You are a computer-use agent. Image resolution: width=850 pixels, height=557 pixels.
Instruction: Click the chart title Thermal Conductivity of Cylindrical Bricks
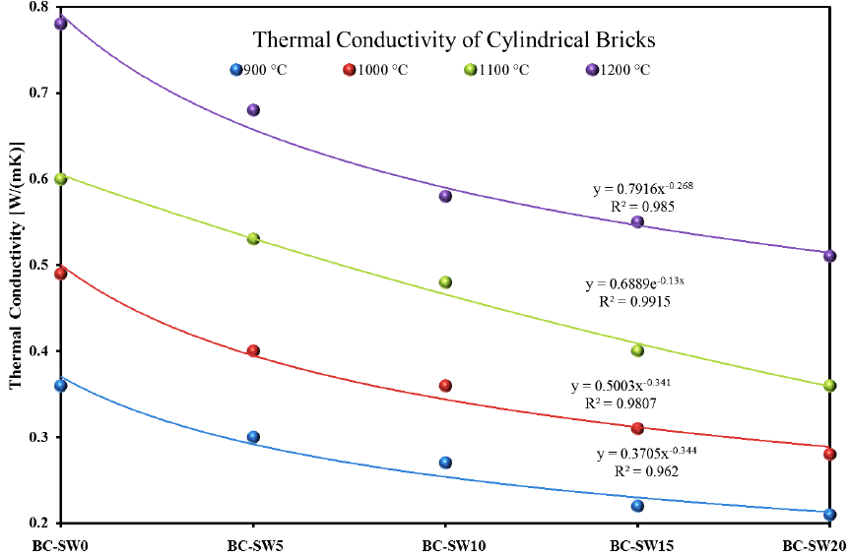(454, 40)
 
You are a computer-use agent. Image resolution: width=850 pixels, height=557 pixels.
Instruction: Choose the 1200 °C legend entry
(620, 70)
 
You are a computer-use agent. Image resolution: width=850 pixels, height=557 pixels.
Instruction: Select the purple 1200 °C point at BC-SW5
(253, 110)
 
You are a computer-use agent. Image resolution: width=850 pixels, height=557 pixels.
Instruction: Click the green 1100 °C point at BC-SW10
(445, 282)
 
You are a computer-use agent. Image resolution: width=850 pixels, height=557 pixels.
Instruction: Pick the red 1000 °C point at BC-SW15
(637, 428)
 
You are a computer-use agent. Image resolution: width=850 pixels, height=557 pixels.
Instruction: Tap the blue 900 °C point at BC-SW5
(253, 437)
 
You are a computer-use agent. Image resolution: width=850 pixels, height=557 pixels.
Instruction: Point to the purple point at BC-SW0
(61, 24)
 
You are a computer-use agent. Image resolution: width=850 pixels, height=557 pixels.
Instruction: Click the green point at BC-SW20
(829, 386)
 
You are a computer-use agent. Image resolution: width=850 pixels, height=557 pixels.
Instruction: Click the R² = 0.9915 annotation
(635, 302)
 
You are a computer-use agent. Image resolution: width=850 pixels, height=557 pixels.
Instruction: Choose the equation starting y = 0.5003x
(620, 385)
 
